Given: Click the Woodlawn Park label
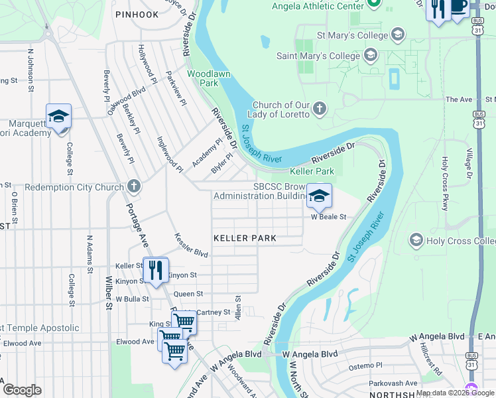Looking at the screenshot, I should (x=209, y=78).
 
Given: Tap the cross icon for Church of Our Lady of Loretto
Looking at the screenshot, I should (x=319, y=109).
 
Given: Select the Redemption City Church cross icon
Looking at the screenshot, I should (x=134, y=186).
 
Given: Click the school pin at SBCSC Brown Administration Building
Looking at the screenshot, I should (x=319, y=196).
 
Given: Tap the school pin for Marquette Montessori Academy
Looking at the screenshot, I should (x=58, y=117).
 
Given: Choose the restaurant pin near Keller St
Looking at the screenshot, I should (x=155, y=270).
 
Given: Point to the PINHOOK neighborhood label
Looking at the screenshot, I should (x=137, y=14).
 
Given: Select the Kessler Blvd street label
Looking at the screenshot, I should (x=191, y=245).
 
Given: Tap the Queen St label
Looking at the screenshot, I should (x=188, y=294).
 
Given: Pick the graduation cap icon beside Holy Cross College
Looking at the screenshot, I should (x=416, y=239).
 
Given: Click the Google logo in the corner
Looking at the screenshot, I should (x=22, y=389).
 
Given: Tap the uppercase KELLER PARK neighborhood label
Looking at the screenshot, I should (x=245, y=237).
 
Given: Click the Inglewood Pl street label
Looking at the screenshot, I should (x=170, y=155).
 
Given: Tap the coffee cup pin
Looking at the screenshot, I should (x=459, y=6).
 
